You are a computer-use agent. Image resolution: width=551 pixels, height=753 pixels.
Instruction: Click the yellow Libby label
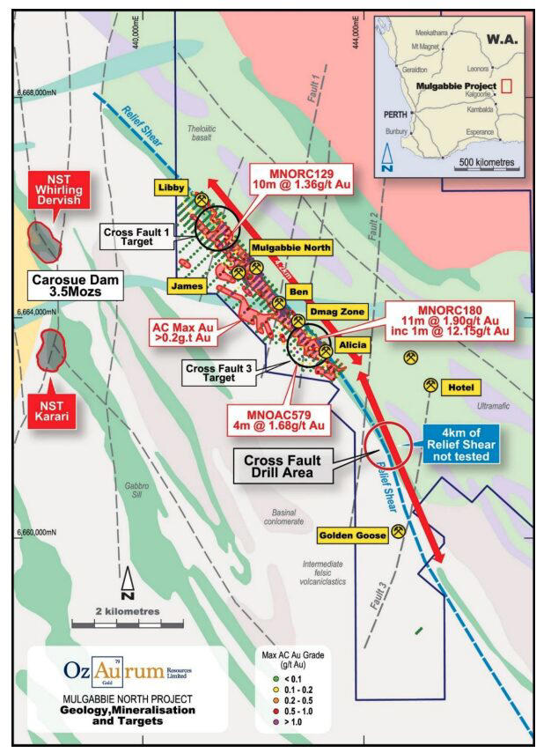pos(173,188)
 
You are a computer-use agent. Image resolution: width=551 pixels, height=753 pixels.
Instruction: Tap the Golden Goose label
pos(351,534)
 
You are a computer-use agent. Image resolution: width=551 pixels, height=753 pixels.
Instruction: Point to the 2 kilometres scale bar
pos(127,624)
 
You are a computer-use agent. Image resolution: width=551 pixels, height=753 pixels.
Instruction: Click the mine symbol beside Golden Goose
pos(399,531)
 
